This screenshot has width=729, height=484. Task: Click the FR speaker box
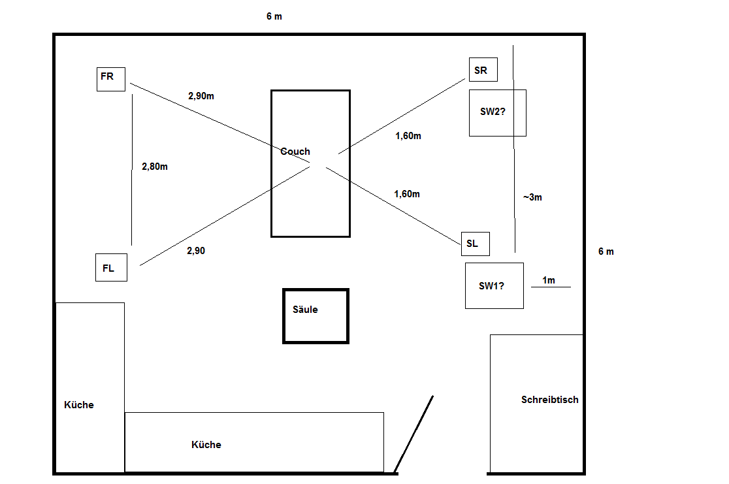(110, 78)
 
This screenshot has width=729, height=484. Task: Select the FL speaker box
(111, 267)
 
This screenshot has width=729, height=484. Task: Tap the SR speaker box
(483, 71)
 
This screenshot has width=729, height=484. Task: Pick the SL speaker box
(475, 244)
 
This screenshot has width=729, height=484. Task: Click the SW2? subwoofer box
(497, 113)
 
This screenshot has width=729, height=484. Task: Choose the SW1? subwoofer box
(494, 285)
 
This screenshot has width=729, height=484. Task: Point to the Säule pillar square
(316, 316)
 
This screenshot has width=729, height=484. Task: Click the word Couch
(295, 152)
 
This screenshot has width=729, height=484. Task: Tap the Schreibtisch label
(549, 400)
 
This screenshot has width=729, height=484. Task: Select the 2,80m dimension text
(155, 167)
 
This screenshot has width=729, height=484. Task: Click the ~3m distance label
(532, 197)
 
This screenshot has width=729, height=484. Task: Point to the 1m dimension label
(549, 280)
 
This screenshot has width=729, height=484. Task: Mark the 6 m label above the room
(274, 16)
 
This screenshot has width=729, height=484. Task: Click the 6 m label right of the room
(606, 251)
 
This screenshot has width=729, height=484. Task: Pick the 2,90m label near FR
(201, 96)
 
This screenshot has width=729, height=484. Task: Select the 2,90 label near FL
(196, 250)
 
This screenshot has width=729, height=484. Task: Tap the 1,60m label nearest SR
(408, 136)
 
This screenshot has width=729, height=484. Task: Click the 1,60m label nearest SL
(406, 194)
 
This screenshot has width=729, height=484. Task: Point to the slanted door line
(413, 434)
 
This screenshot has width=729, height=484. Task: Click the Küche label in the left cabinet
(79, 405)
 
